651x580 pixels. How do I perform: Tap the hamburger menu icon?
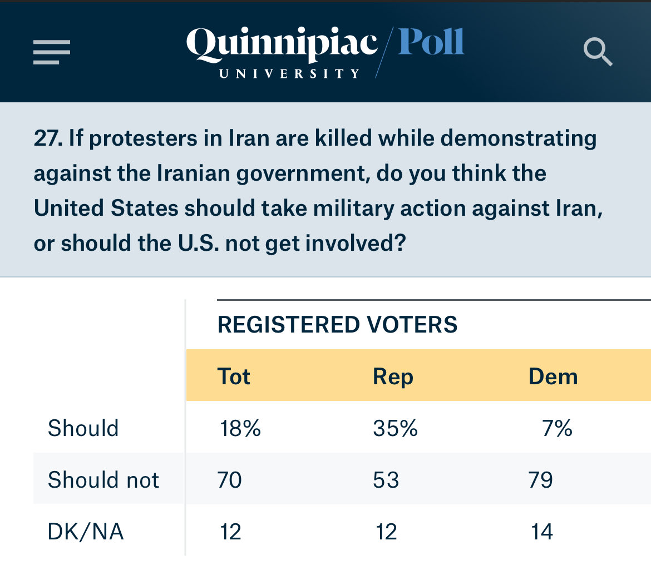click(x=51, y=52)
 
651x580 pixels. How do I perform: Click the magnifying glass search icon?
click(x=598, y=52)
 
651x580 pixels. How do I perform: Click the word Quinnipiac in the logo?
click(x=282, y=44)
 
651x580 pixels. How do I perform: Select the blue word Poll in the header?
click(x=431, y=42)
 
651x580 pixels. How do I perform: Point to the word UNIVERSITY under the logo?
click(x=290, y=74)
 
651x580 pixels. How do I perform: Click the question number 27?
click(x=47, y=138)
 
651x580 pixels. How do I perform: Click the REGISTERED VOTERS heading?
click(x=337, y=324)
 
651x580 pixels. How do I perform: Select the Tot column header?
click(x=234, y=376)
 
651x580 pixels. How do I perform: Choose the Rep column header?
click(x=393, y=376)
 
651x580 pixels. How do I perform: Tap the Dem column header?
click(x=553, y=376)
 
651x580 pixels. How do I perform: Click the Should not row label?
click(x=103, y=480)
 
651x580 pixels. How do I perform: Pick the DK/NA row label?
click(x=86, y=532)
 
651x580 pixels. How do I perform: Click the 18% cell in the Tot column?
click(x=239, y=428)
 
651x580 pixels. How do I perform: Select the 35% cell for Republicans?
click(x=395, y=428)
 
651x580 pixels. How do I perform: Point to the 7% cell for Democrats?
click(x=557, y=428)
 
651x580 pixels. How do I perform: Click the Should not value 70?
click(x=230, y=480)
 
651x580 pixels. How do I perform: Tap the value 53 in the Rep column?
click(x=386, y=480)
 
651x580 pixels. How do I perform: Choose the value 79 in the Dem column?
click(x=541, y=480)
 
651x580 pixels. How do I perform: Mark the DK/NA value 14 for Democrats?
click(x=541, y=532)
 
